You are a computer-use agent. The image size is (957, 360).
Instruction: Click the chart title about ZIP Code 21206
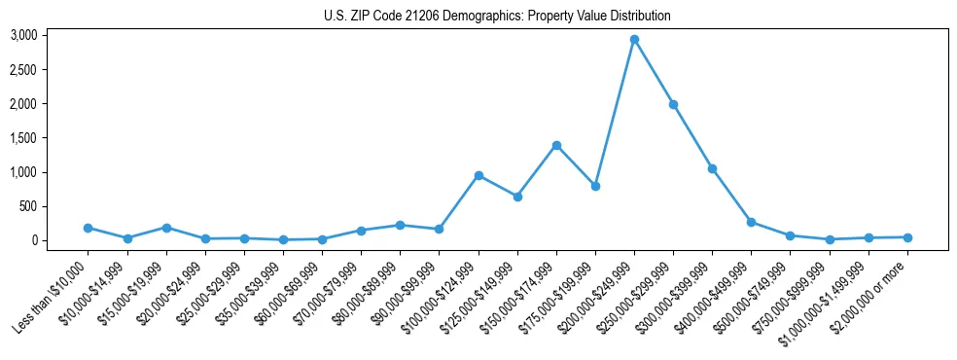click(497, 17)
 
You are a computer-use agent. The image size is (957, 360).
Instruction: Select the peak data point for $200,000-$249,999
click(634, 40)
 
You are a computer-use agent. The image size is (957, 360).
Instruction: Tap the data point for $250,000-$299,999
click(673, 104)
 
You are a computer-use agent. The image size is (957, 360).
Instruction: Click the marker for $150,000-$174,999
click(556, 145)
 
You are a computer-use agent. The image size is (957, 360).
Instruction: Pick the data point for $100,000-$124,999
click(478, 175)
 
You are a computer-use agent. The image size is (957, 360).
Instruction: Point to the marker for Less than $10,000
click(89, 228)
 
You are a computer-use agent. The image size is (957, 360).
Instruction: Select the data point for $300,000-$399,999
click(712, 168)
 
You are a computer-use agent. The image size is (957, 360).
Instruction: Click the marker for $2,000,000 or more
click(907, 237)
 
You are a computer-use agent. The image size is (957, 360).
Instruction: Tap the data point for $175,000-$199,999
click(595, 186)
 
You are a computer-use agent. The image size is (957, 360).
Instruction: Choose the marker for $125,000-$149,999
click(517, 197)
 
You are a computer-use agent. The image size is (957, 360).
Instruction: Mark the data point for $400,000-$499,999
click(751, 222)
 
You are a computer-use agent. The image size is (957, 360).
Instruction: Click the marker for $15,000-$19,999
click(166, 228)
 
